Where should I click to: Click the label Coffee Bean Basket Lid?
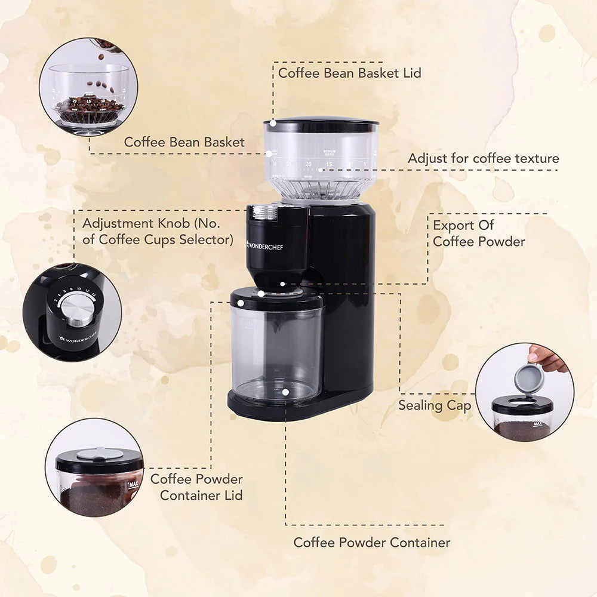349,73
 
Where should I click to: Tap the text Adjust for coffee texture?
483,158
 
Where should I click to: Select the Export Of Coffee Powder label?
479,233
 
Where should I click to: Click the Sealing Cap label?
435,405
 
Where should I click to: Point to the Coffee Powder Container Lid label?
197,487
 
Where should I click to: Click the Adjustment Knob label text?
158,232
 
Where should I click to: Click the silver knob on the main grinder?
264,212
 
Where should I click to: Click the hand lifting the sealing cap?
547,358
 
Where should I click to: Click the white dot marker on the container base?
286,392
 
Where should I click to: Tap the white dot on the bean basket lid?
273,122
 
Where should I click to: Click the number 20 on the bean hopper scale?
308,164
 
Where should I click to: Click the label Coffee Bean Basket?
184,142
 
